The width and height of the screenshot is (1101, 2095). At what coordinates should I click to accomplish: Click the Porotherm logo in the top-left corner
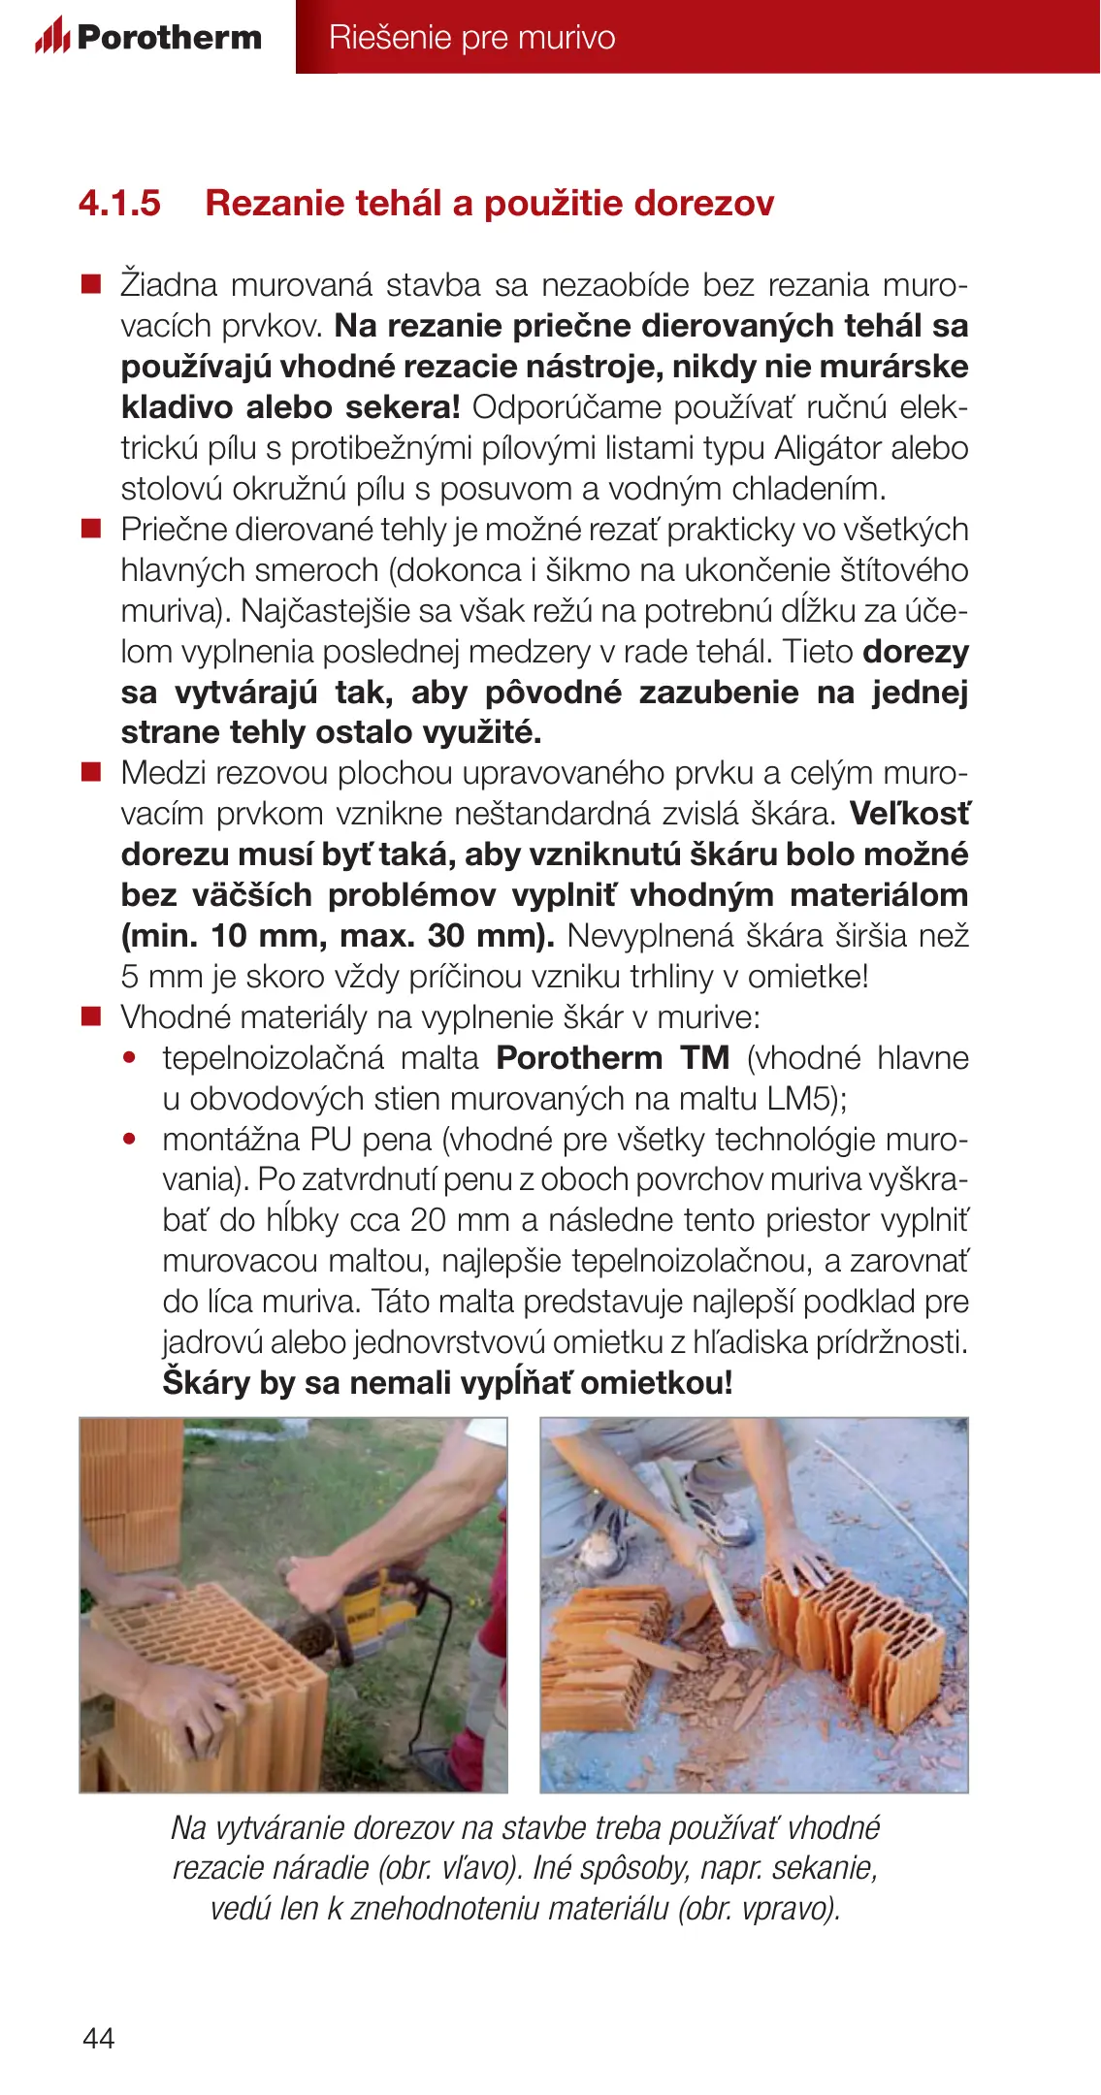[x=148, y=37]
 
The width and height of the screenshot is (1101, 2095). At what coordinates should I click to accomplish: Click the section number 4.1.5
[x=119, y=203]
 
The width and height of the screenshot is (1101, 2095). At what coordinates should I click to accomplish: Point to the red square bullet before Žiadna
[x=91, y=284]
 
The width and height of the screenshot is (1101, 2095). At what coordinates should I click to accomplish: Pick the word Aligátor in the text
[x=827, y=447]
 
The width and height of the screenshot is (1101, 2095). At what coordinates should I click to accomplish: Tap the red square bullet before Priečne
[x=91, y=529]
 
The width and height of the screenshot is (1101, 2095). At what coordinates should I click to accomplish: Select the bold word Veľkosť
[x=909, y=813]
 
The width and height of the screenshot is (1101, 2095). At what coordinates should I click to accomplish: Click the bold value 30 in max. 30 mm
[x=446, y=935]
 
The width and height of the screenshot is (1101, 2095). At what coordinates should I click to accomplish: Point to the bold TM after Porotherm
[x=704, y=1057]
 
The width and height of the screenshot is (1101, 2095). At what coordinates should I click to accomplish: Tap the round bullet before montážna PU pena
[x=130, y=1139]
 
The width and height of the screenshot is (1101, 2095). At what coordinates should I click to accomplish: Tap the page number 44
[x=99, y=2038]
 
